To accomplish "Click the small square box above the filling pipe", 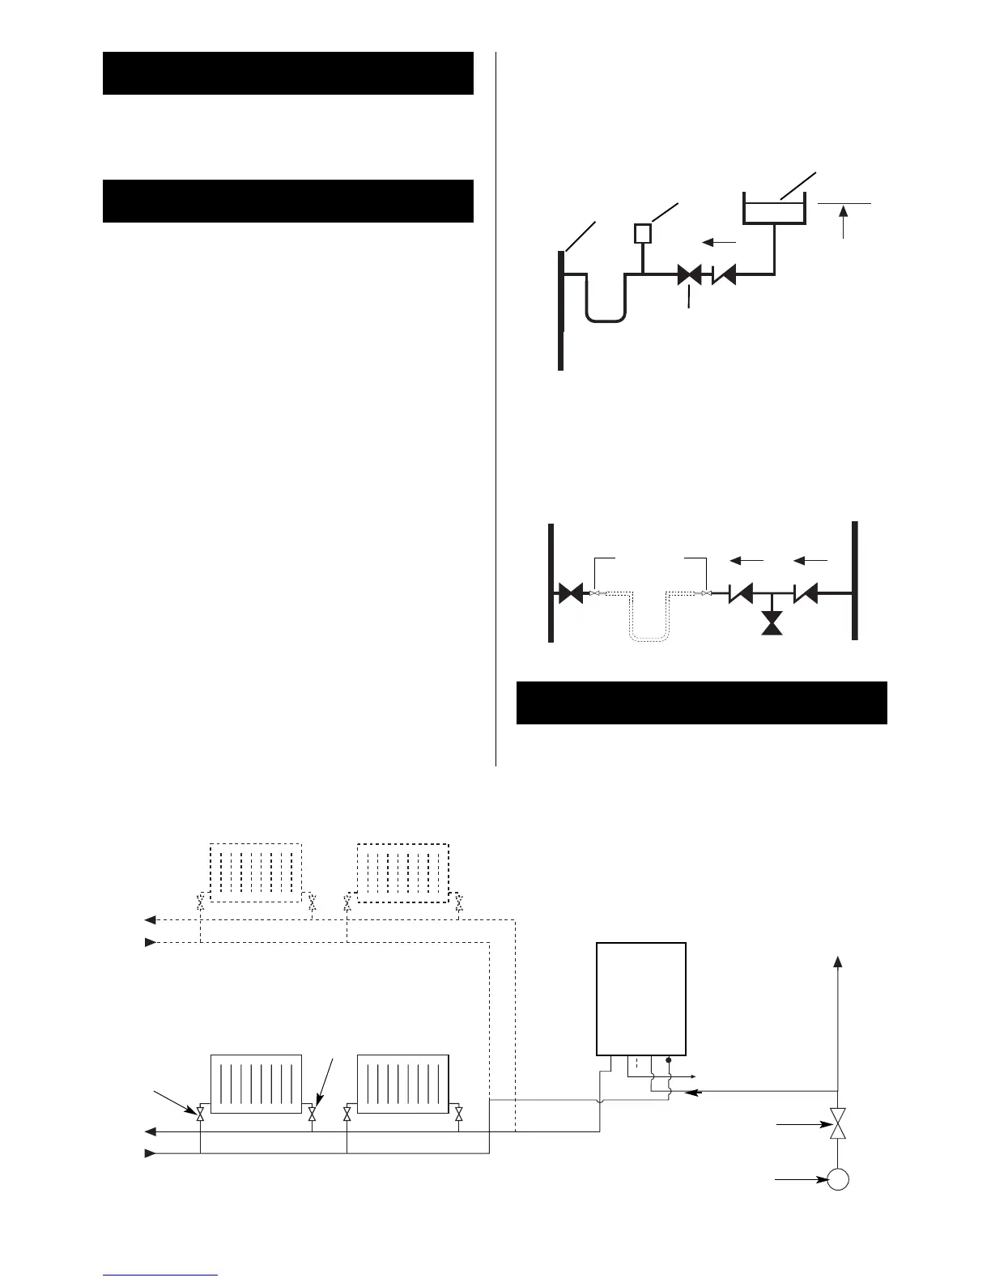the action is point(643,233).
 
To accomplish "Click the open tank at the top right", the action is point(774,210).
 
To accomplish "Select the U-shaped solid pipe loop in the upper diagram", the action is point(606,299).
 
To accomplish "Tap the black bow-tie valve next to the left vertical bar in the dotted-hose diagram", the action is point(572,595).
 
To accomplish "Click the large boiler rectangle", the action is point(641,999).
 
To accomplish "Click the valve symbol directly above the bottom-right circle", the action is point(838,1124).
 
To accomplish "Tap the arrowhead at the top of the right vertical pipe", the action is point(838,961).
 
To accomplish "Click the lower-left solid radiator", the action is point(255,1084).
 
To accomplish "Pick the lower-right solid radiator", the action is point(402,1084).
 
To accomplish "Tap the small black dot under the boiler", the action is point(669,1059).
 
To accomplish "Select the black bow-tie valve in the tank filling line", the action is point(689,275).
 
